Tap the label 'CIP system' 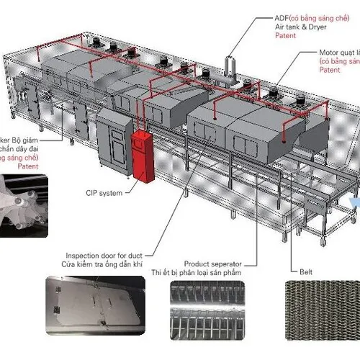click(x=102, y=193)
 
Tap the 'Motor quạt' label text click(x=338, y=53)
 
